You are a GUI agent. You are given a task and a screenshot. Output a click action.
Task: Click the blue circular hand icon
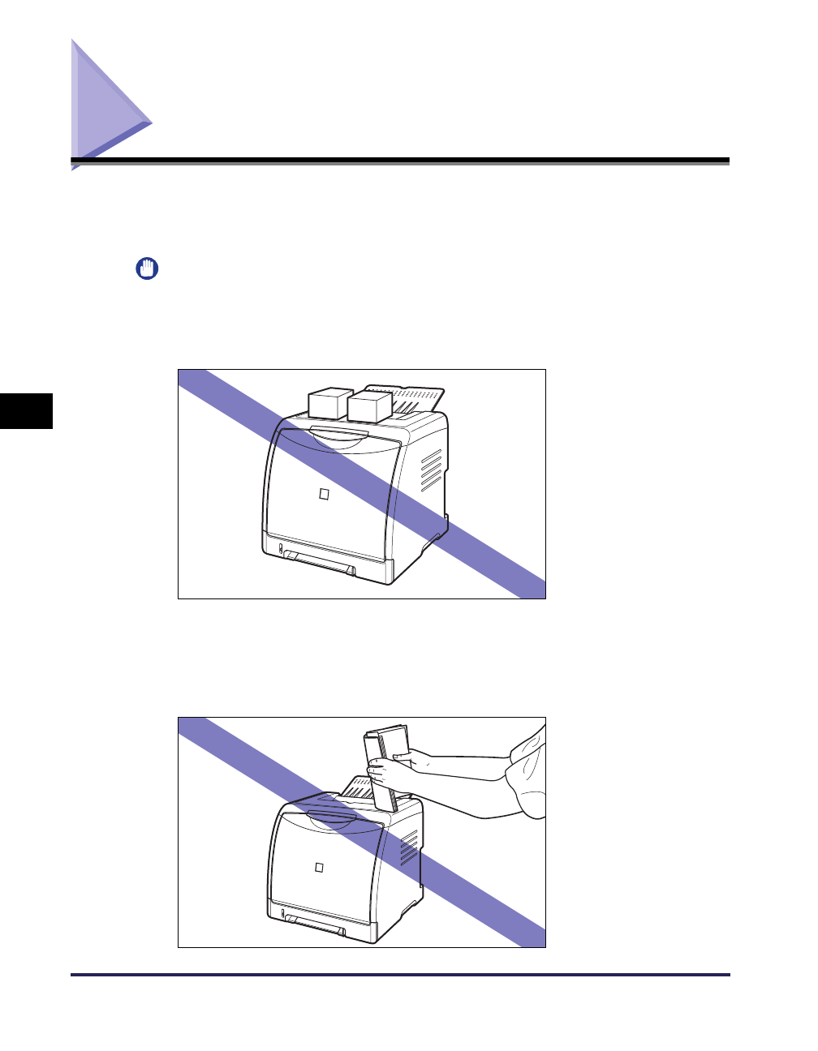[x=146, y=268]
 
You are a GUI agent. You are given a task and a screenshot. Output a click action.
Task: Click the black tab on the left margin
[x=26, y=410]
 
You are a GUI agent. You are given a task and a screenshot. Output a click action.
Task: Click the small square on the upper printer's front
[x=324, y=494]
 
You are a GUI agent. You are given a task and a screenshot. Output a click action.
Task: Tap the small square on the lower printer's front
[x=319, y=867]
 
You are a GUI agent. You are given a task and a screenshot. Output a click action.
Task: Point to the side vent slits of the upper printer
[x=431, y=470]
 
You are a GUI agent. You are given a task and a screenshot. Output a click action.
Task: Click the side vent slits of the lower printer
[x=409, y=847]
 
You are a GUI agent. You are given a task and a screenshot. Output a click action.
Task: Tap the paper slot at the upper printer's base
[x=318, y=561]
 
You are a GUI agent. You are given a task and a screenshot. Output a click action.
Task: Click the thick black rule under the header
[x=400, y=161]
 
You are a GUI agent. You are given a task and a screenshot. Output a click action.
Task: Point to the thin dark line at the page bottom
[x=400, y=975]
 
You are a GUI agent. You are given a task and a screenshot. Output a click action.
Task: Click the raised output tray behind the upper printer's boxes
[x=417, y=397]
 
